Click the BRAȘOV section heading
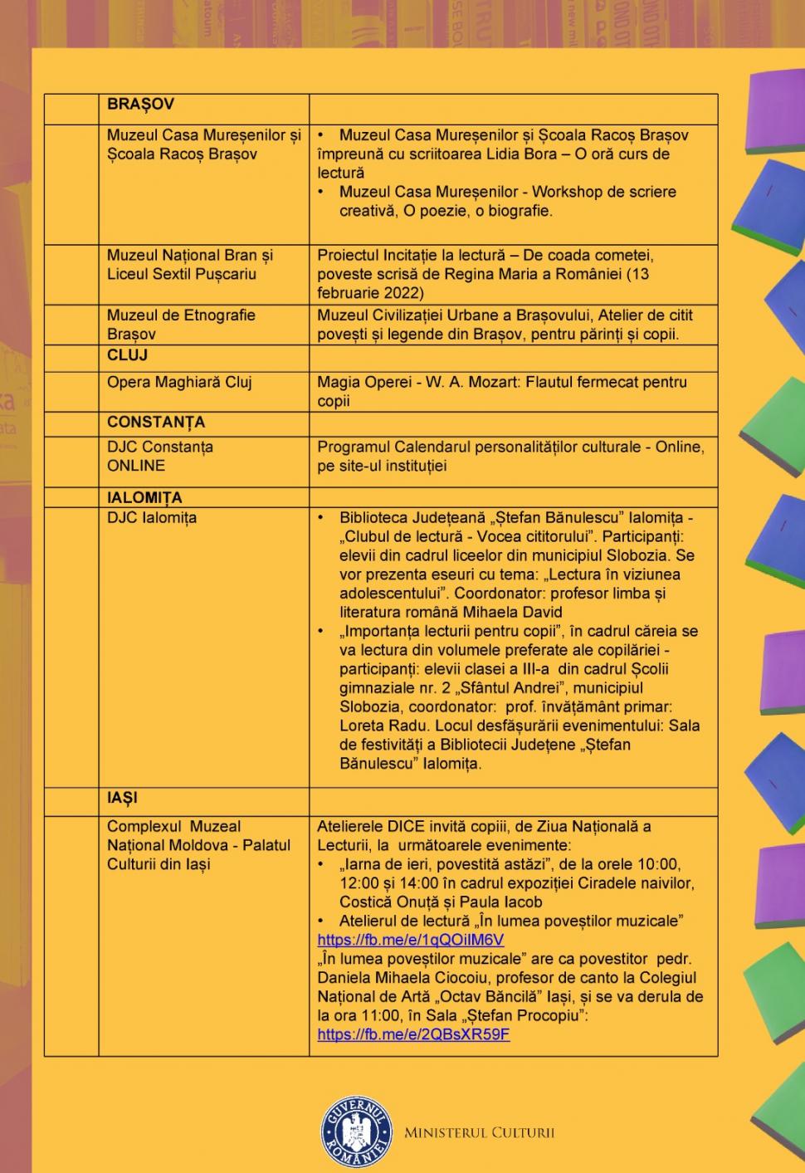(x=140, y=105)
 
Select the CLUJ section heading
(x=127, y=354)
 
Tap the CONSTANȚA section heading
(x=155, y=422)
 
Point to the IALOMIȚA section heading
(x=144, y=497)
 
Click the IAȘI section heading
(x=122, y=798)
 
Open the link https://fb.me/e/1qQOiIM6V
(x=410, y=940)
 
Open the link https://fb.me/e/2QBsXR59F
(x=413, y=1034)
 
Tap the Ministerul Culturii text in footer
(x=479, y=1132)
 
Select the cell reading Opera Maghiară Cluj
(x=179, y=382)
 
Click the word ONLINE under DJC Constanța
(x=136, y=466)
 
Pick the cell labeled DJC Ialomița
(x=152, y=517)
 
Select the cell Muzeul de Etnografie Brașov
(x=181, y=325)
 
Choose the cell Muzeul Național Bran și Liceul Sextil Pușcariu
(x=189, y=264)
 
